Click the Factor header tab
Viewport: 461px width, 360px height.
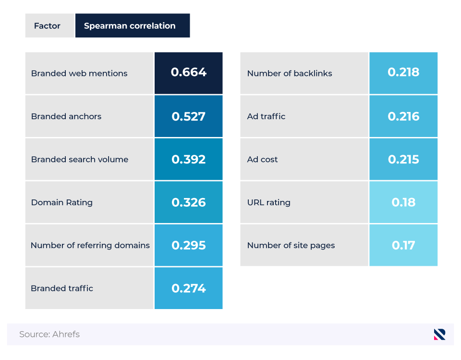tap(47, 26)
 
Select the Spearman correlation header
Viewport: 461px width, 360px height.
tap(130, 26)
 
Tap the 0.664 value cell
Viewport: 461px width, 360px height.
tap(188, 73)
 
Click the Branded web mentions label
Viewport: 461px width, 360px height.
tap(79, 74)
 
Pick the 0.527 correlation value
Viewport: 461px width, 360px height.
tap(188, 116)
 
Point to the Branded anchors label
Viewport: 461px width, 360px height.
tap(66, 116)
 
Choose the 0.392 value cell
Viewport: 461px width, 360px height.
tap(188, 160)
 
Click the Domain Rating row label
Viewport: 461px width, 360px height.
tap(62, 202)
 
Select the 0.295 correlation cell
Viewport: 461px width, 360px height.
tap(188, 245)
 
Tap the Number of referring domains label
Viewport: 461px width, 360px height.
tap(90, 245)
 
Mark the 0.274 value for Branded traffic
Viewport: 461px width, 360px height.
tap(188, 288)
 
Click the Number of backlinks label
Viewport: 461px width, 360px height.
tap(290, 74)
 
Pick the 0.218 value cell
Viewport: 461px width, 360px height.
tap(403, 73)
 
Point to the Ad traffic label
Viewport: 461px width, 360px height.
tap(266, 116)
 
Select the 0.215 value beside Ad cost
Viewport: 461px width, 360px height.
tap(403, 160)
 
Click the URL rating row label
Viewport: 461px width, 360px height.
tap(268, 202)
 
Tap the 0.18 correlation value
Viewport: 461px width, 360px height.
tap(403, 202)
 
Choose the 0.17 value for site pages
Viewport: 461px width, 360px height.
tap(403, 245)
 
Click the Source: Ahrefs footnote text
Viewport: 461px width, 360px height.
tap(49, 334)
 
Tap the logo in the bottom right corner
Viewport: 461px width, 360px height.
tap(439, 334)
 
